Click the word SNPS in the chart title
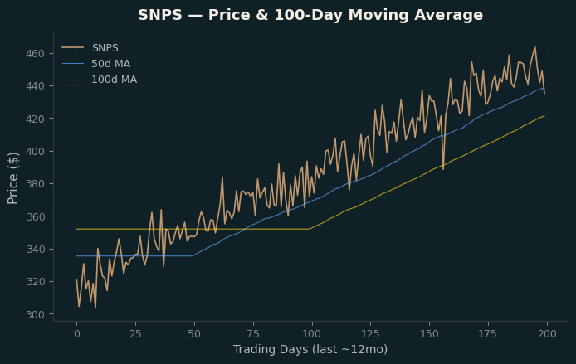point(160,15)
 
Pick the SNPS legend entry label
point(105,48)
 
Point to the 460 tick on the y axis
point(35,54)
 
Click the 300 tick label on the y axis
point(35,315)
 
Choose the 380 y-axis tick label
point(35,184)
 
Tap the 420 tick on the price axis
point(35,119)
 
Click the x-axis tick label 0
point(77,334)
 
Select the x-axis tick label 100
point(312,334)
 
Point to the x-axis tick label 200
point(547,334)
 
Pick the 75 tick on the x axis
point(253,334)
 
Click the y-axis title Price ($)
point(12,178)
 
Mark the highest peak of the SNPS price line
point(535,46)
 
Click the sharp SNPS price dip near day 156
point(443,169)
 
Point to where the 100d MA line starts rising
point(310,229)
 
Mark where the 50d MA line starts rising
point(192,255)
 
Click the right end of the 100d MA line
point(544,115)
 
